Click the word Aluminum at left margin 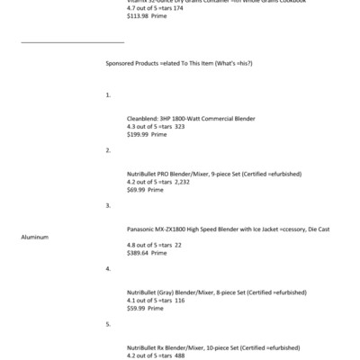click(34, 237)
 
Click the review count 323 click(180, 126)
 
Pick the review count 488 click(180, 355)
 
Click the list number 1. click(108, 94)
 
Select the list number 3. click(108, 205)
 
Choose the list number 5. click(108, 324)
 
